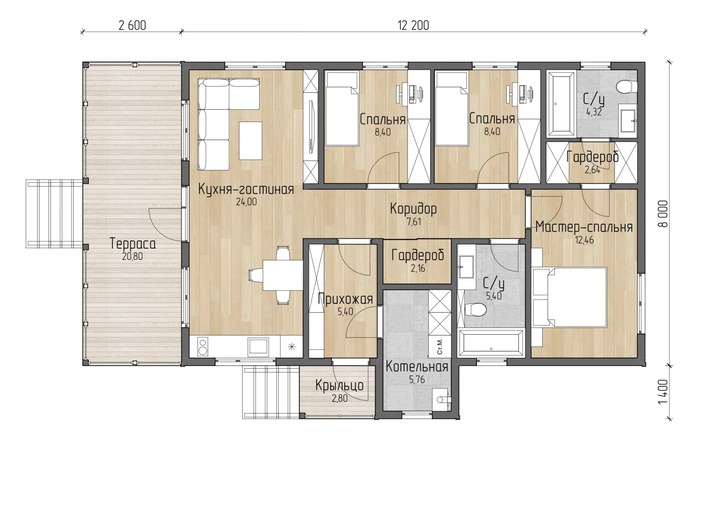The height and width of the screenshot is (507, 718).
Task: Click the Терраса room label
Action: [133, 244]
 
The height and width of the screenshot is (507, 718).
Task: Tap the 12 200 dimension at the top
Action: [413, 25]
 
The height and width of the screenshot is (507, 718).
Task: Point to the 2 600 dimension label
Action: [132, 25]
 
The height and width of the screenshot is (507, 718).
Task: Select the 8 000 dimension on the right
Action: [663, 214]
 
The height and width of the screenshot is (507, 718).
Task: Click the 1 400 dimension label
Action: [663, 392]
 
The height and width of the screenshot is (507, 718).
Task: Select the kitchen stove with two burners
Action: [202, 346]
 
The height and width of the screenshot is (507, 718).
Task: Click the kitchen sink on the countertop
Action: [258, 346]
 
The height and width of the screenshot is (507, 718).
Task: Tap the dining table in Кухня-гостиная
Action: [283, 275]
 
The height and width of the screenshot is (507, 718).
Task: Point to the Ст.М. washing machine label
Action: [440, 347]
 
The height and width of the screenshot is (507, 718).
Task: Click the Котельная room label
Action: [417, 367]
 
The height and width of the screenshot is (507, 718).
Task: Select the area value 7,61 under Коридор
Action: [414, 222]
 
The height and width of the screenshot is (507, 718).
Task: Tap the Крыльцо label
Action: [339, 385]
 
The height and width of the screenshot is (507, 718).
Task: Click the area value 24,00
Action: [246, 202]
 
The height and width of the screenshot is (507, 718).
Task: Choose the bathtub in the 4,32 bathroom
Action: [561, 104]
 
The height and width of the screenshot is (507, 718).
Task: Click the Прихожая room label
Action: [345, 299]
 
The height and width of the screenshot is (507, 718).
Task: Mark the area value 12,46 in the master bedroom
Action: [584, 240]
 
